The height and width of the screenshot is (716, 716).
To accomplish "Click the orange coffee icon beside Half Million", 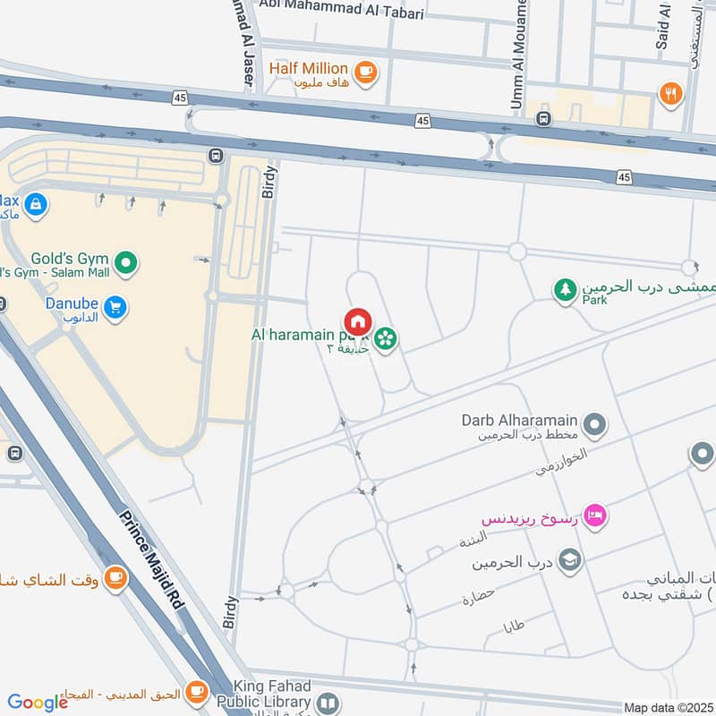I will point(364,72).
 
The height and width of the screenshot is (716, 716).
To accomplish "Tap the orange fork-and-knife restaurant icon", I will point(669,92).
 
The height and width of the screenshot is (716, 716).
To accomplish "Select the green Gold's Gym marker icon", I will point(127,262).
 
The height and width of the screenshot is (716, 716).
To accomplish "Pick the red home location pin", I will point(358,322).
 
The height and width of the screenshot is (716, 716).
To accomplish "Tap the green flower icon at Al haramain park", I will point(387,339).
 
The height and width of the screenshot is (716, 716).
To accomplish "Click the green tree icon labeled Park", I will point(565,290).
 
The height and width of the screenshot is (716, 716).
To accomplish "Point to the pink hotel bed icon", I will point(594,515).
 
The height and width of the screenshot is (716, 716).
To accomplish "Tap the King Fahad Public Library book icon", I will point(328,704).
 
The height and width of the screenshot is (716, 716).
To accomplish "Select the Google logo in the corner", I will point(38,703).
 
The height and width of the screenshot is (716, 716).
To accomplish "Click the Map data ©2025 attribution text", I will point(667,707).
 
